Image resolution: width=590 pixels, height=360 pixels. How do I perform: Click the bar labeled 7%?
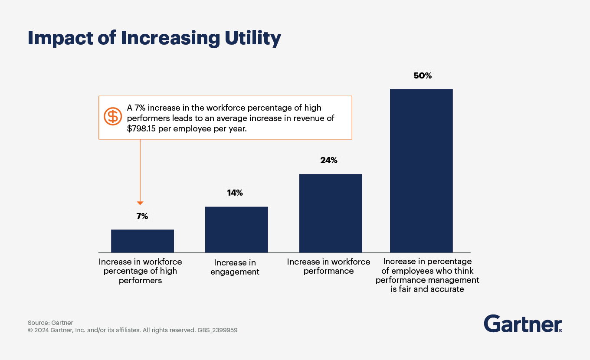click(x=142, y=241)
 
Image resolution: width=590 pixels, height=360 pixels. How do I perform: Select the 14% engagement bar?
click(x=236, y=229)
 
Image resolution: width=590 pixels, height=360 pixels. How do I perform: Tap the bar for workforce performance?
click(x=331, y=213)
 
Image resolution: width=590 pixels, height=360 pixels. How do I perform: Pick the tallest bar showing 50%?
click(x=421, y=170)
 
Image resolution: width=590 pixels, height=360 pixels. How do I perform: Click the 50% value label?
click(x=423, y=76)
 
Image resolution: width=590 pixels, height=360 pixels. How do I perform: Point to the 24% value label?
click(x=329, y=160)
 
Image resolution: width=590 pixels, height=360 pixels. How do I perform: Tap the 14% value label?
click(x=235, y=193)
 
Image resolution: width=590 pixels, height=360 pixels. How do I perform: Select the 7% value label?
click(x=142, y=216)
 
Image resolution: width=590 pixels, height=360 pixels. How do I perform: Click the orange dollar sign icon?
click(x=113, y=116)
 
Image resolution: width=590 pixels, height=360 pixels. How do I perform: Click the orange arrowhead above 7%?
click(x=140, y=203)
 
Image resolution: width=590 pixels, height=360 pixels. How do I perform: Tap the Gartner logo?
click(x=523, y=324)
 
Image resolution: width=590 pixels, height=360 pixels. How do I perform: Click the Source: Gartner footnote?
click(x=50, y=323)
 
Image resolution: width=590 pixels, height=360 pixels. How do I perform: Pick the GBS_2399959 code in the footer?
click(x=217, y=330)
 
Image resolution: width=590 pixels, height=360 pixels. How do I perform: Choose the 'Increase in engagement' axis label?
click(x=235, y=267)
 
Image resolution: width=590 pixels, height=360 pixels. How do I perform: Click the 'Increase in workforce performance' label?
click(x=329, y=266)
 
